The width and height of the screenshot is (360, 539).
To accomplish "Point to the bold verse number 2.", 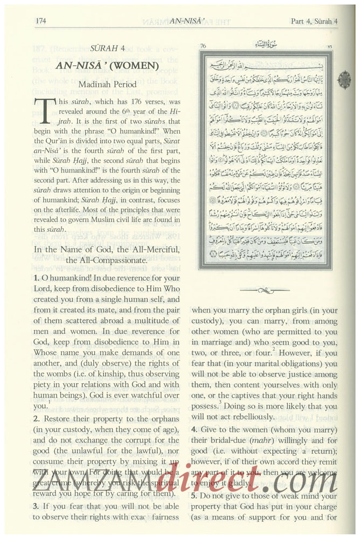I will tap(36, 419).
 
